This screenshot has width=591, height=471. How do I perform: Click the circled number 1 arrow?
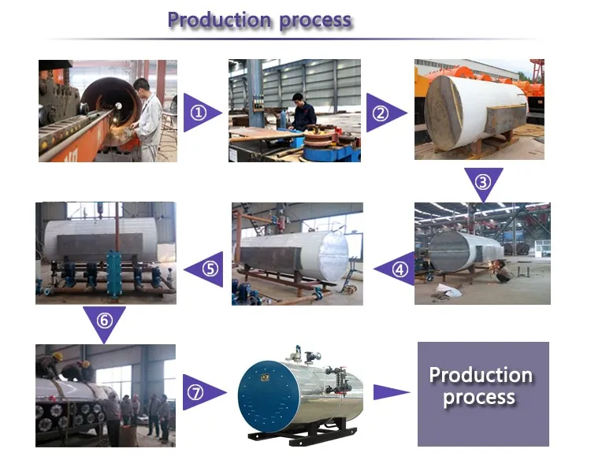click(199, 113)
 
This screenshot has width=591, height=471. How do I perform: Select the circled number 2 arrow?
click(384, 113)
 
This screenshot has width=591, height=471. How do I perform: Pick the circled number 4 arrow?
click(398, 269)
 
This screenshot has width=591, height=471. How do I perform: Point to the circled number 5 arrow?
click(207, 269)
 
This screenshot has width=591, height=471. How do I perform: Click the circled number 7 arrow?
click(199, 391)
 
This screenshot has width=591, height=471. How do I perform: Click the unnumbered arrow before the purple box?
click(390, 392)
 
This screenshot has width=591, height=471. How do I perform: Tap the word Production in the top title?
click(213, 20)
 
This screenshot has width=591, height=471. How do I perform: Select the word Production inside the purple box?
click(481, 375)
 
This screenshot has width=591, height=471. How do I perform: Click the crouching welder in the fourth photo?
click(502, 273)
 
